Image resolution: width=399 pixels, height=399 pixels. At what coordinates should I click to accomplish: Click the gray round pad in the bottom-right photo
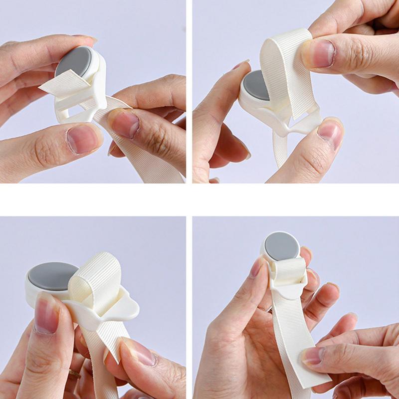(282, 246)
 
